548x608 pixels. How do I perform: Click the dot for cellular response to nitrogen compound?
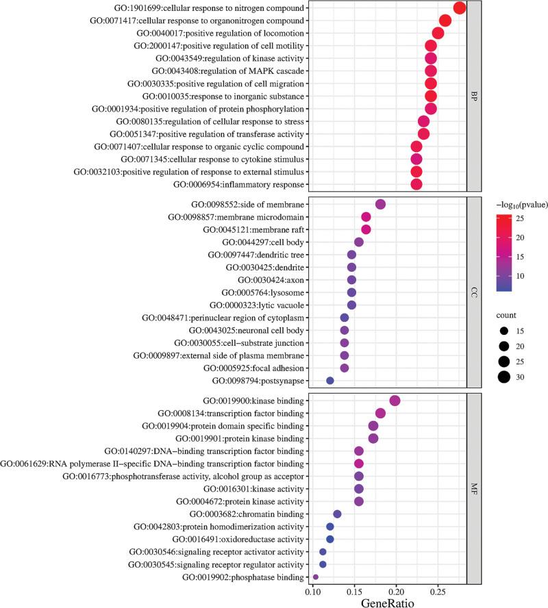point(460,8)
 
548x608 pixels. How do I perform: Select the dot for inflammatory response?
point(416,184)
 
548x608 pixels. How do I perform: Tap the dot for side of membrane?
point(381,204)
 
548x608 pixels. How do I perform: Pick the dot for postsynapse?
point(330,381)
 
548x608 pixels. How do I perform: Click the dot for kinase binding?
point(395,401)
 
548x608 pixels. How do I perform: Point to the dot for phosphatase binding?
point(315,577)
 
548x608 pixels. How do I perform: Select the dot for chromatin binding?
point(337,514)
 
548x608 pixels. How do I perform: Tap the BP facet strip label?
point(474,97)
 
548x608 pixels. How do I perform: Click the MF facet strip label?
point(474,489)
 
